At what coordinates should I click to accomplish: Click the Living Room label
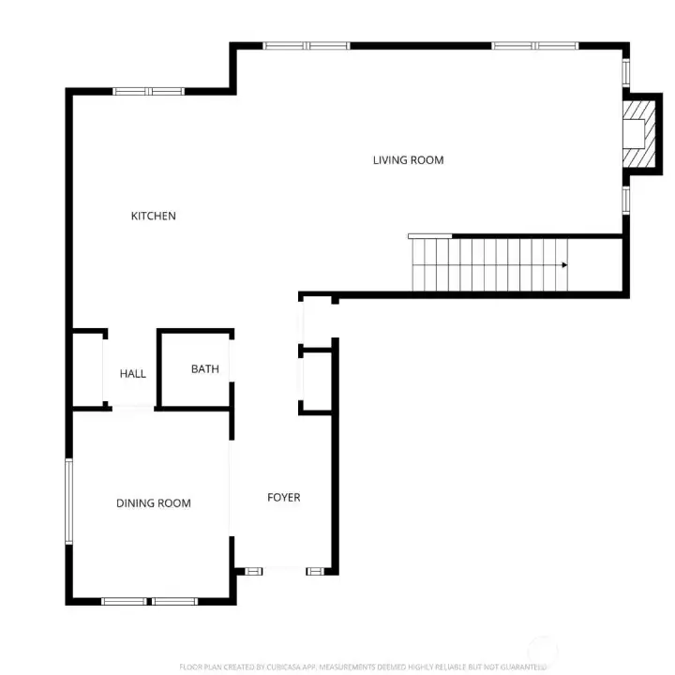408,160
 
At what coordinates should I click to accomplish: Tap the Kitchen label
153,217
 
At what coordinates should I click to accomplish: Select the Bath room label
204,369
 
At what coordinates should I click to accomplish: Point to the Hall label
133,374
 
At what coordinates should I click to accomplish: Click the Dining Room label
153,503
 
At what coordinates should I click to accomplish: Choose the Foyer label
283,498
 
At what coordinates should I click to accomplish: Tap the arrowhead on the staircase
564,265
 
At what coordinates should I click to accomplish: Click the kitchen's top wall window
148,91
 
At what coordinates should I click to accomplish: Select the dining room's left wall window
68,501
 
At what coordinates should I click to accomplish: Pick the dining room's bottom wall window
149,600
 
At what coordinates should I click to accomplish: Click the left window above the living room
306,45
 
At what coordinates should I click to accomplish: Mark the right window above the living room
535,45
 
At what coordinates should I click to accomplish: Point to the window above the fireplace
626,73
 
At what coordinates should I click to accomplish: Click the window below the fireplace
626,200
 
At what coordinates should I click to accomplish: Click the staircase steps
487,265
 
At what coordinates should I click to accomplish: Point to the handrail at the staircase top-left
429,235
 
